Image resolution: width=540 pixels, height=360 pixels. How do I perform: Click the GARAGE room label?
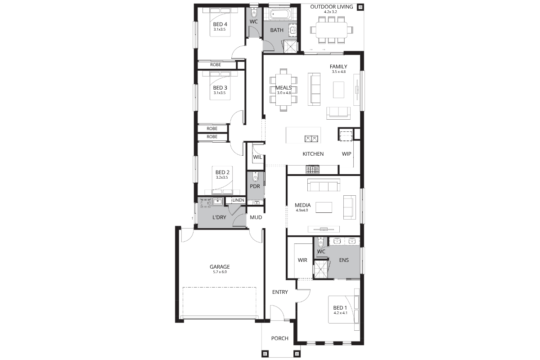(220, 267)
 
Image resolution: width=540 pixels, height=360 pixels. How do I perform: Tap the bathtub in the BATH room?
(280, 14)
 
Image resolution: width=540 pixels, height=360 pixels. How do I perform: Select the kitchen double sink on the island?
(311, 139)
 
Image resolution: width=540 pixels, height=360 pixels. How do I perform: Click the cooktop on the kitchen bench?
(312, 169)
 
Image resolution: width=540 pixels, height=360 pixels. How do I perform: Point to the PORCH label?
(279, 338)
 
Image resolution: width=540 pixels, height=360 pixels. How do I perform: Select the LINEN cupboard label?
(238, 200)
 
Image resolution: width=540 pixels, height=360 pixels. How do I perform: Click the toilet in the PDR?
(255, 177)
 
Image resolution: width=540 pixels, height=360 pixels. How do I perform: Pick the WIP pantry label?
(346, 154)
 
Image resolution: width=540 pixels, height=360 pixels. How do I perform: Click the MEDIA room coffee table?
(324, 207)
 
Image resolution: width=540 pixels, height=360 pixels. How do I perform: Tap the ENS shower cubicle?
(321, 269)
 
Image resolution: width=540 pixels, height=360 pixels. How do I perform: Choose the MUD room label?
(256, 217)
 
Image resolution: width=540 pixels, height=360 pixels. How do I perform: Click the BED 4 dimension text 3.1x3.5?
(220, 29)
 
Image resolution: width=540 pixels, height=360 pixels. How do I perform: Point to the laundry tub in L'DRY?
(218, 201)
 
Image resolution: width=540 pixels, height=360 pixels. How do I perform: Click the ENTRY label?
(280, 292)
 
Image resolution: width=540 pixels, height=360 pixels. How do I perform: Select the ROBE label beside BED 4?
(216, 65)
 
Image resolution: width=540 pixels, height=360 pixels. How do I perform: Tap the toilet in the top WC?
(254, 12)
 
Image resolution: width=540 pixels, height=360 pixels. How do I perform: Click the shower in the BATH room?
(291, 46)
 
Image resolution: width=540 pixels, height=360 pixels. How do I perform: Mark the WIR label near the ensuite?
(302, 260)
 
